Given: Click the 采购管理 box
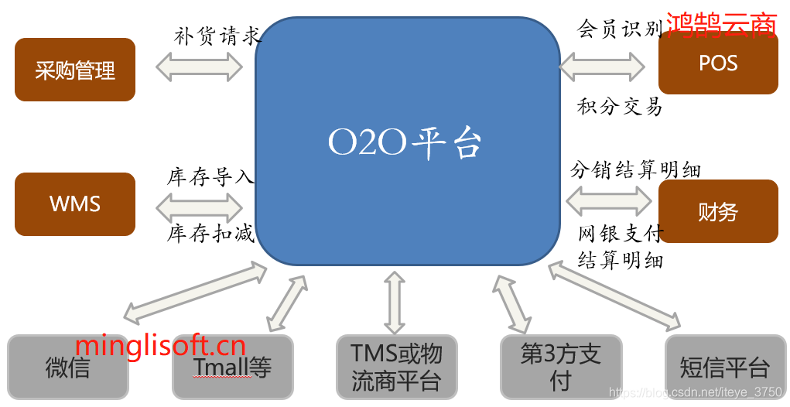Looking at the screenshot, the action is click(x=75, y=70).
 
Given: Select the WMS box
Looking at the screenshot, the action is click(x=75, y=204).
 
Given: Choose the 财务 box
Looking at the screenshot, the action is click(x=718, y=211).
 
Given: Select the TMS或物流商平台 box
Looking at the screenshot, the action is click(x=396, y=367).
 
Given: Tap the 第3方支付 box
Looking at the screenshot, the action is click(x=561, y=367).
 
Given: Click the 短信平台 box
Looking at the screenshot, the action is click(x=724, y=367).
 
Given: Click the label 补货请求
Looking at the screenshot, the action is click(x=217, y=36).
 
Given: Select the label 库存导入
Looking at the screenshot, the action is click(x=210, y=177).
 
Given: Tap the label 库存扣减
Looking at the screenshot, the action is click(x=210, y=234).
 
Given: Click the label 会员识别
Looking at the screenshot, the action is click(x=619, y=29).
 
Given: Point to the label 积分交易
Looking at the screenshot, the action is click(x=619, y=106).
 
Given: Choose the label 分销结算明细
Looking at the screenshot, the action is click(x=635, y=169).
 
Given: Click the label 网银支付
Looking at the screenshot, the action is click(x=621, y=233).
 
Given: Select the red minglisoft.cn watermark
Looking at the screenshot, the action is click(x=160, y=345).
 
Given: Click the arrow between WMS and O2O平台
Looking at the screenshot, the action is click(x=199, y=206).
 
